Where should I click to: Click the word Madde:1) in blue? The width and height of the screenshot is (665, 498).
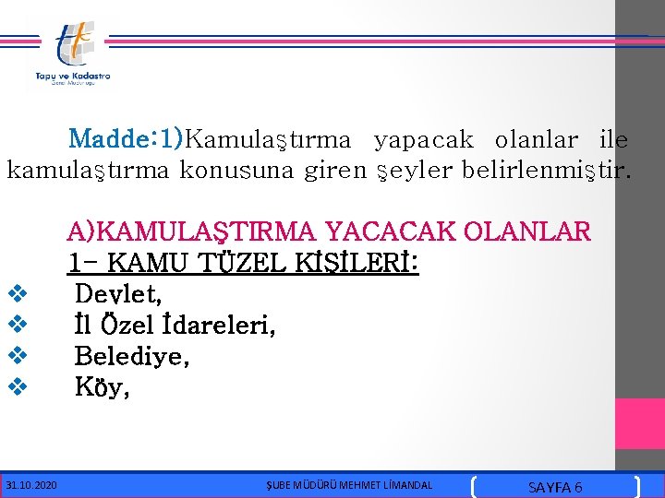point(127,140)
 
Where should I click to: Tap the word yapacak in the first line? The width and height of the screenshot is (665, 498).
point(423,140)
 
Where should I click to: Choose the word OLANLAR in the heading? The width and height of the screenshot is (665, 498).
point(529,231)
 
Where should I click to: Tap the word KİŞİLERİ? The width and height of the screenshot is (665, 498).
point(359,264)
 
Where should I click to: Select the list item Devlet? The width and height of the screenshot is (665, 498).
point(118,295)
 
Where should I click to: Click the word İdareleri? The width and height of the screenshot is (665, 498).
point(218,326)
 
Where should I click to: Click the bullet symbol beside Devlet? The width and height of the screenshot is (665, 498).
point(16,295)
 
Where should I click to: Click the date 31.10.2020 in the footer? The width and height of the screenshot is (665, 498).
point(31,485)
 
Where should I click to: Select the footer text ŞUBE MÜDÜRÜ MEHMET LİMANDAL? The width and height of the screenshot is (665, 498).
point(349,485)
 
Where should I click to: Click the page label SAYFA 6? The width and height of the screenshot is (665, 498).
point(554,486)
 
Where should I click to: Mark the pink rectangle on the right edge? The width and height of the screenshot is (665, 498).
point(639,423)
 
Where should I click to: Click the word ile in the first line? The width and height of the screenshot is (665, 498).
point(613,140)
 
